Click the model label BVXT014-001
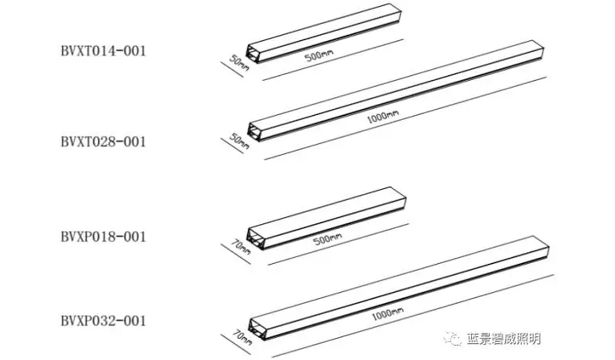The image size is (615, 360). tap(103, 51)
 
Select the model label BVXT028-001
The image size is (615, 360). tap(103, 142)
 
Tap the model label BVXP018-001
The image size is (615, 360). tap(103, 237)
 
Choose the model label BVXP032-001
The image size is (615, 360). tap(103, 321)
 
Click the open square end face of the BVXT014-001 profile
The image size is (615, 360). tap(252, 52)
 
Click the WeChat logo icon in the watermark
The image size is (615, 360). tap(452, 338)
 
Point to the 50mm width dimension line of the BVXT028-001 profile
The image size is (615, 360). tap(232, 146)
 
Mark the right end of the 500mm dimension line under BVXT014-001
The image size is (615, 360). tap(403, 39)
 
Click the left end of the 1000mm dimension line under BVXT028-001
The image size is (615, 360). tap(265, 159)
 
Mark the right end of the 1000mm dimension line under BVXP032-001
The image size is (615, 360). tap(554, 275)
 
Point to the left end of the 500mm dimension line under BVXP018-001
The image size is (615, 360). tap(268, 265)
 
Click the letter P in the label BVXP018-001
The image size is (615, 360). tap(89, 237)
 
